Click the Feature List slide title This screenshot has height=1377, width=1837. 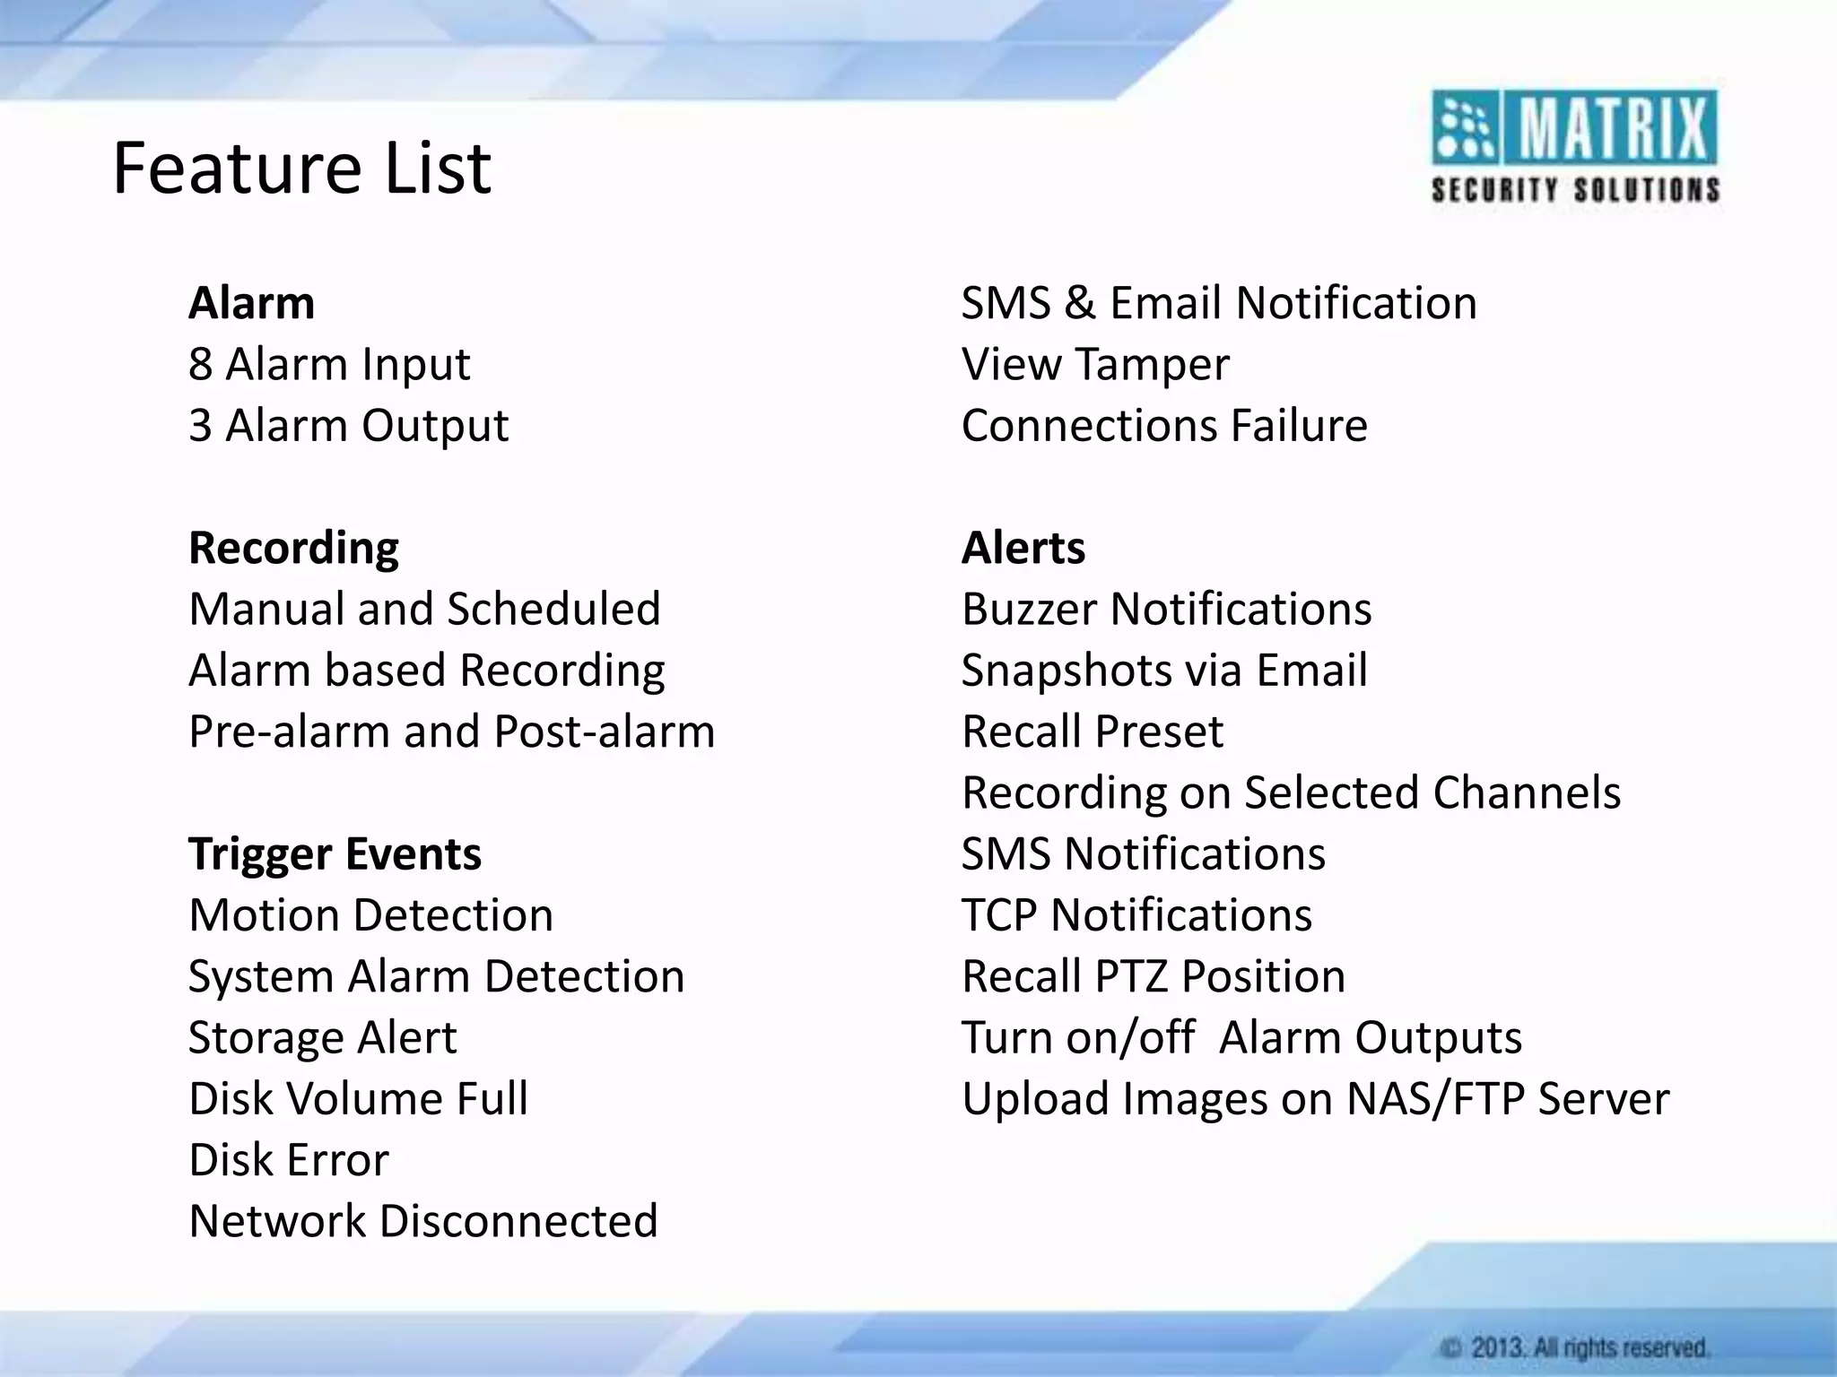click(301, 169)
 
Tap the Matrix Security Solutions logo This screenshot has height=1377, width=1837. click(1574, 148)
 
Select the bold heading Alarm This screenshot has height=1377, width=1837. click(251, 303)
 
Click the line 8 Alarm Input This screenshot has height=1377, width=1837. click(329, 364)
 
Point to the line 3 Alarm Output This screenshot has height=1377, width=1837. click(348, 425)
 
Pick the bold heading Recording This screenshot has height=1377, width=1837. click(293, 548)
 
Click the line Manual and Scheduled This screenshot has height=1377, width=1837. click(424, 609)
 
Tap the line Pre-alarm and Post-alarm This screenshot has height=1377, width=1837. click(451, 732)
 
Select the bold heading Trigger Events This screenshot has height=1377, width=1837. click(335, 853)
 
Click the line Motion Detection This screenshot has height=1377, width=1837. click(370, 915)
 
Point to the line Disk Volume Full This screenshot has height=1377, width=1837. click(358, 1098)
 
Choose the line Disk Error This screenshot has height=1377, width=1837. click(289, 1160)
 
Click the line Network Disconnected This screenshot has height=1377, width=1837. click(423, 1221)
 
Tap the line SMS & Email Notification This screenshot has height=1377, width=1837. click(1218, 303)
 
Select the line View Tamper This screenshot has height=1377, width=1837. click(1094, 364)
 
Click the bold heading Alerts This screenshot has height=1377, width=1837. click(1023, 548)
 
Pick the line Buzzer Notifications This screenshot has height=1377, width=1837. click(1166, 609)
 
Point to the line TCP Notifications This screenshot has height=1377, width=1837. click(1136, 915)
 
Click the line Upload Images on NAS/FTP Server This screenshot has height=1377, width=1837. click(1315, 1098)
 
